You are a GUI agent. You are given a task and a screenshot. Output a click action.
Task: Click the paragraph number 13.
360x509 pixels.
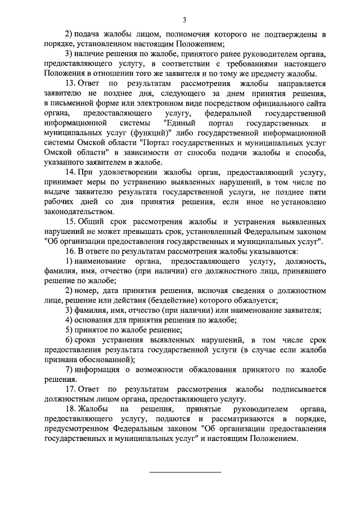(70, 84)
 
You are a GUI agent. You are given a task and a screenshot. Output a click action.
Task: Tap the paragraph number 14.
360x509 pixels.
(70, 172)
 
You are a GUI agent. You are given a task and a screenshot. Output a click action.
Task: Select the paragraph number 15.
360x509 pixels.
(70, 222)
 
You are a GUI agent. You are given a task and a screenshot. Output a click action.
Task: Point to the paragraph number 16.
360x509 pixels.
(70, 251)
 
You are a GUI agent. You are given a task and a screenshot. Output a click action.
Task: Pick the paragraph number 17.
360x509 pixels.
(70, 389)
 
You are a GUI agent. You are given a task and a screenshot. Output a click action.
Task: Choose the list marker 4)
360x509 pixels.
(67, 320)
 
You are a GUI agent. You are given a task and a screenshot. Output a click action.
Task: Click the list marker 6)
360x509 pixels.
(67, 340)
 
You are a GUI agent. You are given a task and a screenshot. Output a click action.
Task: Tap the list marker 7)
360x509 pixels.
(67, 369)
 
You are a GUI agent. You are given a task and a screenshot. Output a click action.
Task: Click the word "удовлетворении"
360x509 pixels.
(118, 172)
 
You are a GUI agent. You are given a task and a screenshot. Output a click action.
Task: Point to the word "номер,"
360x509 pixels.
(90, 290)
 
